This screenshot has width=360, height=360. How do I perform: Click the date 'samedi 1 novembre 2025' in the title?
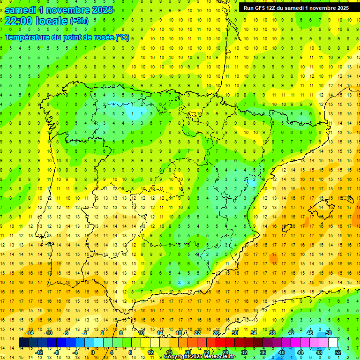click(x=59, y=9)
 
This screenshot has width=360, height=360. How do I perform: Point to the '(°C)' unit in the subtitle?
click(x=122, y=37)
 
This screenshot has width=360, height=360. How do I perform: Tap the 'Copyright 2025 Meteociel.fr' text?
click(x=200, y=357)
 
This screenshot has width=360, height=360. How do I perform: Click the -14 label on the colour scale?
click(x=30, y=333)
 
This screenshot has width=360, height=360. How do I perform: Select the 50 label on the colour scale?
click(x=328, y=333)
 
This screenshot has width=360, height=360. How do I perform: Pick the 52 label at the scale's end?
click(x=338, y=352)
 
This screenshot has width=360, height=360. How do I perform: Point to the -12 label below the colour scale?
click(x=39, y=352)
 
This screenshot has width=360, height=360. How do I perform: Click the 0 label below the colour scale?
click(x=93, y=352)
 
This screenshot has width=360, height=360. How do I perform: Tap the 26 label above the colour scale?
click(x=216, y=333)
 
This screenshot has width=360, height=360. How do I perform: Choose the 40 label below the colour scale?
click(x=282, y=352)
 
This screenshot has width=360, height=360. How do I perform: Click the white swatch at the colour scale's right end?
click(x=333, y=342)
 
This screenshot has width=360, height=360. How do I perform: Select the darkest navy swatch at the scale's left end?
click(x=23, y=342)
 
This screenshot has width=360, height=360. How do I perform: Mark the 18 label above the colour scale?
click(x=179, y=333)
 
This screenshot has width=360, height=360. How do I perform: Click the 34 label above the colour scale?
click(x=254, y=333)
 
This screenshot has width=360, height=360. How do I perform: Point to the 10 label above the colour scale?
click(x=141, y=333)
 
